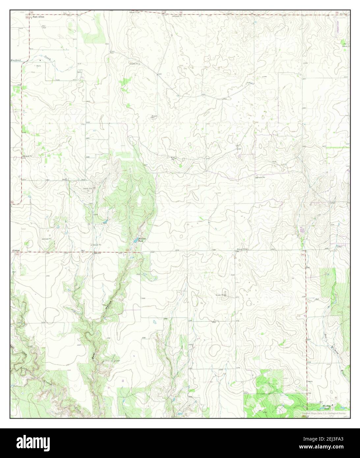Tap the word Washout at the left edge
pyautogui.click(x=15, y=61)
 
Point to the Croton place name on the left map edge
pyautogui.click(x=16, y=250)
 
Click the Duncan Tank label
pyautogui.click(x=142, y=240)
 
